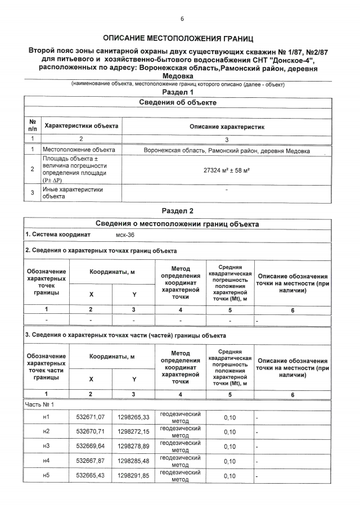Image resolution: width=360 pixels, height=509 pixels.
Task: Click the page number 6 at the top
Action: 182,19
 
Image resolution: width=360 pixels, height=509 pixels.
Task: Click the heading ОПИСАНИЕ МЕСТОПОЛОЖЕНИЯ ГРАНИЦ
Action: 178,38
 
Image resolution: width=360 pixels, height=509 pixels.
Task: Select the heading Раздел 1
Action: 178,92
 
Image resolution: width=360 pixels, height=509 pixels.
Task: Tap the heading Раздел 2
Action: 178,211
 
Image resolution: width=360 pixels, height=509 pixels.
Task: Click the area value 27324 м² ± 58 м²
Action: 227,169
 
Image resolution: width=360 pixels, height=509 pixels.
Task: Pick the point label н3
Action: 47,447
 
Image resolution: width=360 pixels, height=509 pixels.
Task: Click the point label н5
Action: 47,476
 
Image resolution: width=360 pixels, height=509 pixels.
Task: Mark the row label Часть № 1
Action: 39,404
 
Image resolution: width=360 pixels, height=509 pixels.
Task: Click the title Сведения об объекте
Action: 178,103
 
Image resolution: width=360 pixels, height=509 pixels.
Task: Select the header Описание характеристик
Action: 227,127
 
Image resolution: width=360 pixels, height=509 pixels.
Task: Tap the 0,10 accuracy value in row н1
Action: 229,417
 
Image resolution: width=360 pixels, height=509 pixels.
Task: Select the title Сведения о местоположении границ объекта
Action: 178,224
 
